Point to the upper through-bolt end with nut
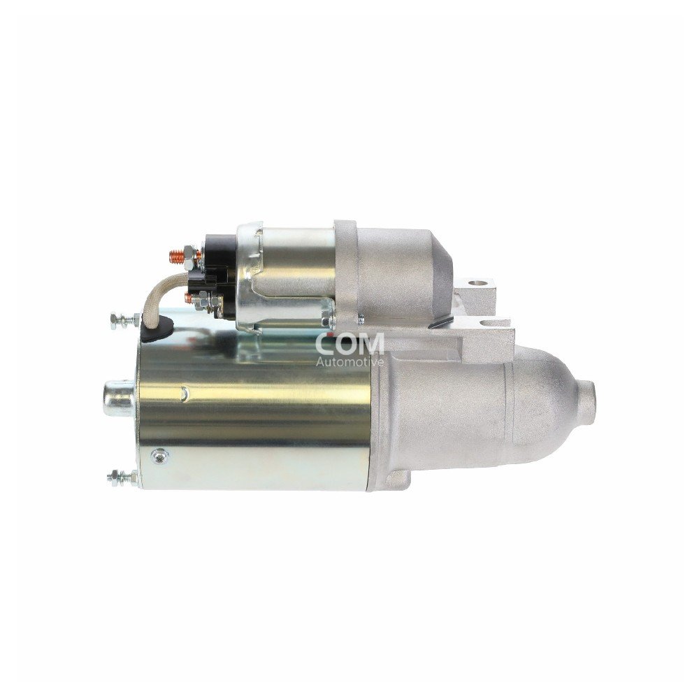click(x=122, y=321)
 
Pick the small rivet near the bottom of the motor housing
click(x=161, y=456)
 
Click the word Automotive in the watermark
click(x=349, y=362)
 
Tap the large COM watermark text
click(x=349, y=343)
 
